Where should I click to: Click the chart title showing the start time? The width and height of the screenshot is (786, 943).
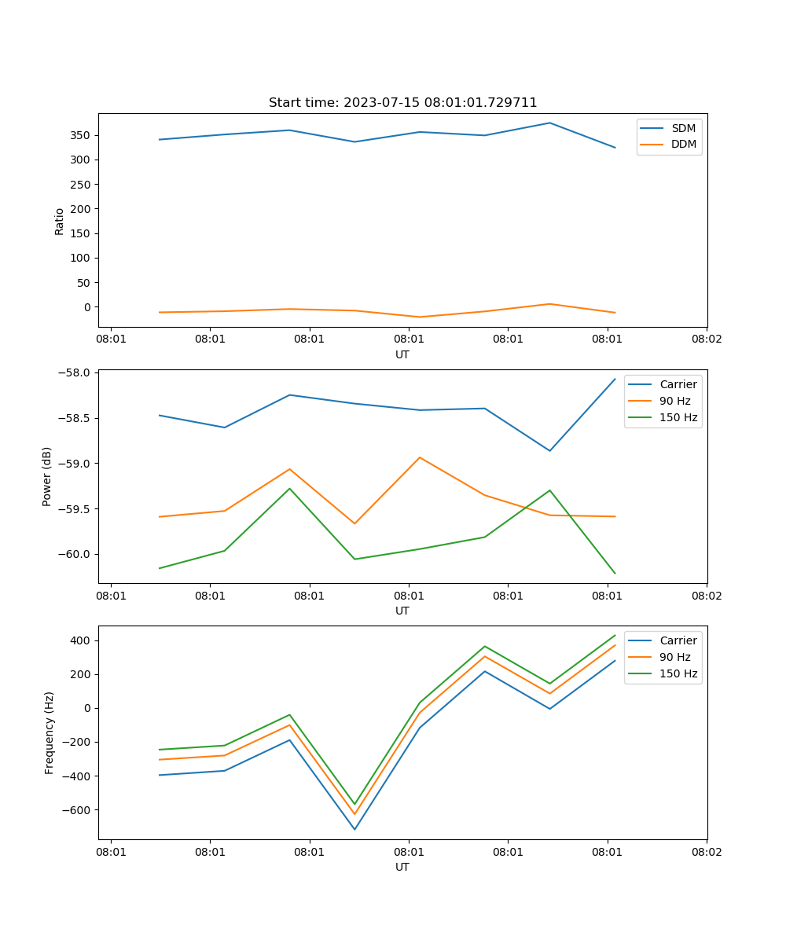pyautogui.click(x=402, y=103)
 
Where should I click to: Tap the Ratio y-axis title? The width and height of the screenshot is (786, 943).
pyautogui.click(x=60, y=221)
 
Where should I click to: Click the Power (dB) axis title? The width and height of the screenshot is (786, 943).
pyautogui.click(x=47, y=476)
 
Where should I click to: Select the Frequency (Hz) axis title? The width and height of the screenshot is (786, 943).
pyautogui.click(x=50, y=732)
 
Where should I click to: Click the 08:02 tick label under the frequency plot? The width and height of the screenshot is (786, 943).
pyautogui.click(x=706, y=851)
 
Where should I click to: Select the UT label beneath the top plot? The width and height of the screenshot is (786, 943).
pyautogui.click(x=402, y=354)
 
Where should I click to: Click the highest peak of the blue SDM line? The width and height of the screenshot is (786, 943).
pyautogui.click(x=549, y=123)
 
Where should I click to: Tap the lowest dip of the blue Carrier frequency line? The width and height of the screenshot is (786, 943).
pyautogui.click(x=354, y=829)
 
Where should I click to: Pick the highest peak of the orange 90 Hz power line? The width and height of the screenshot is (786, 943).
pyautogui.click(x=420, y=457)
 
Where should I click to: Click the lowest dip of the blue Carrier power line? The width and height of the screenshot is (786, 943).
pyautogui.click(x=549, y=450)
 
